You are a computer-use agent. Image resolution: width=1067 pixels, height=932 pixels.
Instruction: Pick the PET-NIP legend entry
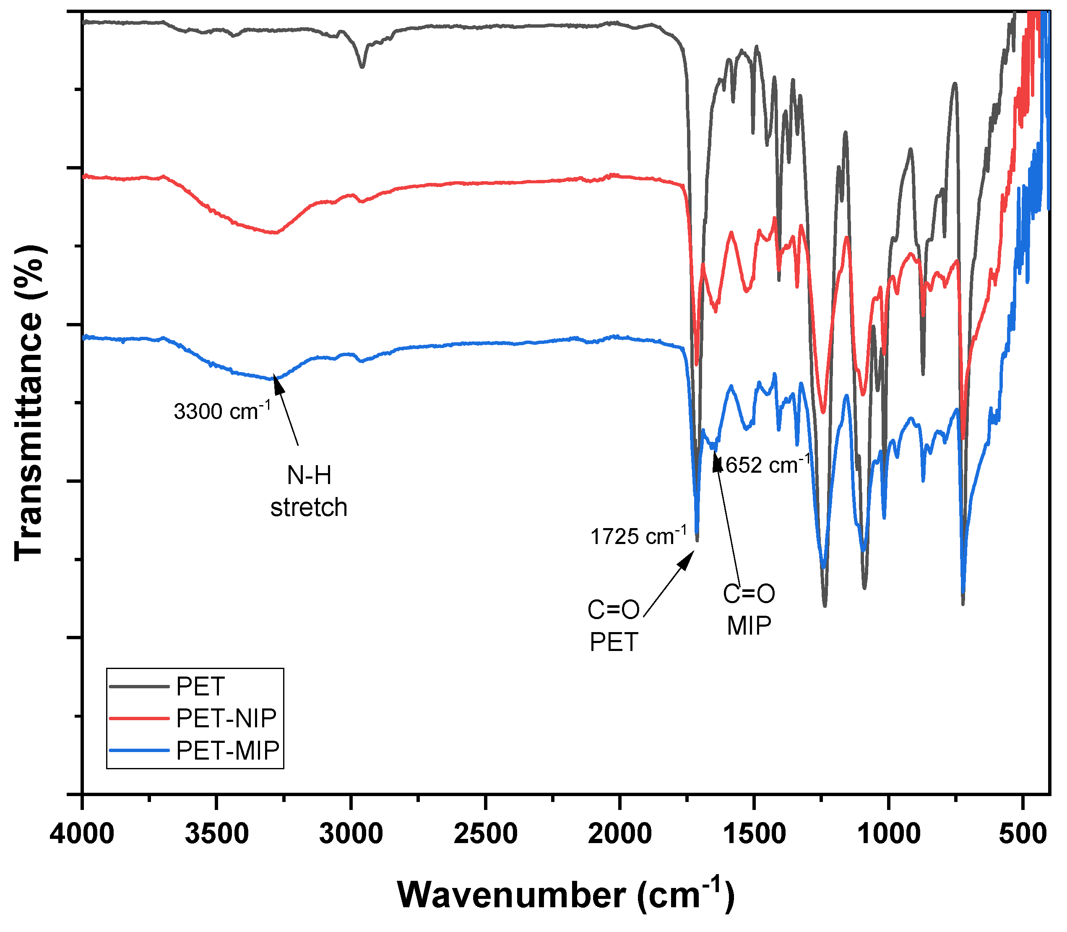(x=226, y=718)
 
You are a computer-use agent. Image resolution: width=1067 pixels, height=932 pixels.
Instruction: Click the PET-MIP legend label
(x=228, y=750)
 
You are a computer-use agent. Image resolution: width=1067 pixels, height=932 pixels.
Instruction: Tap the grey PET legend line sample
(x=139, y=687)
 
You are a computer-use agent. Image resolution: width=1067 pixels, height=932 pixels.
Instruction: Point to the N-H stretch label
(x=309, y=491)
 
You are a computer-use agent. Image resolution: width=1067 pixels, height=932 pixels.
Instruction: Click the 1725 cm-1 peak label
(x=638, y=536)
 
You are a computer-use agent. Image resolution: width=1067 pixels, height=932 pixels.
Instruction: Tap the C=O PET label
(x=614, y=626)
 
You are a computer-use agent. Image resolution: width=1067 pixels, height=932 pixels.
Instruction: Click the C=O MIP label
(x=749, y=609)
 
